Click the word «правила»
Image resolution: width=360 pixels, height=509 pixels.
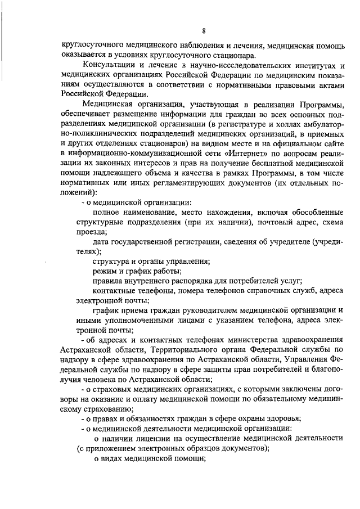click(109, 281)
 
